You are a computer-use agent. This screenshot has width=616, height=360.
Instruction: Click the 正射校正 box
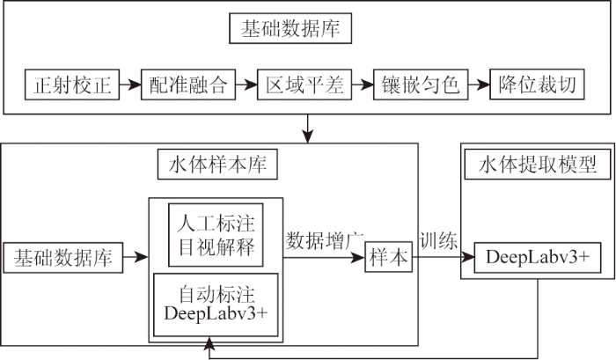coord(72,84)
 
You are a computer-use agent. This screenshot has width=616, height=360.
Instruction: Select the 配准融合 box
coord(188,84)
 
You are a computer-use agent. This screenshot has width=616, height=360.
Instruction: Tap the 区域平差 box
coord(304,84)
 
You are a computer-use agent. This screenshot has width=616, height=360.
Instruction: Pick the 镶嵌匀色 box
coord(421,84)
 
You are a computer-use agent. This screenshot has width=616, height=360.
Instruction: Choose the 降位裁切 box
coord(537,84)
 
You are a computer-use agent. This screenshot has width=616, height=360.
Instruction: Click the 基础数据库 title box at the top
coord(290,28)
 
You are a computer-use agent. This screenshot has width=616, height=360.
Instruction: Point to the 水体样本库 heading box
coord(217,165)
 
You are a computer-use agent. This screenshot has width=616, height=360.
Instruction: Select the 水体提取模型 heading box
coord(538,165)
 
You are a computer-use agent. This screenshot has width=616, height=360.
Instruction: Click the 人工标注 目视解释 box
coord(216,235)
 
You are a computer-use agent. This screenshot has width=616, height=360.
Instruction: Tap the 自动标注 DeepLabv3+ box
coord(216,305)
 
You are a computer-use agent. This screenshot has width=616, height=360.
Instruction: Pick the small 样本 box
coord(389,257)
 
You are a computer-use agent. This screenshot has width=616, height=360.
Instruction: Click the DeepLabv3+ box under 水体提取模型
coord(538,257)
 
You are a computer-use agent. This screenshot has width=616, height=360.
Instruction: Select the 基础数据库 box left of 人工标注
coord(63,258)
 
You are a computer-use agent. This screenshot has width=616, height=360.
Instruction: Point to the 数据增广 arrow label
coord(325,240)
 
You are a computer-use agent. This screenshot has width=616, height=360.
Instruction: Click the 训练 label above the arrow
coord(438,240)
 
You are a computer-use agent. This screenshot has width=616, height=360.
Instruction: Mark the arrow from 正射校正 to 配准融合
coord(130,84)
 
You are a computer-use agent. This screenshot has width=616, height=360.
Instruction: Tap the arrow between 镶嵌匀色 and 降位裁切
coord(479,84)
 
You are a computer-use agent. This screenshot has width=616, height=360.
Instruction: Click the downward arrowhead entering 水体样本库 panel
coord(308,136)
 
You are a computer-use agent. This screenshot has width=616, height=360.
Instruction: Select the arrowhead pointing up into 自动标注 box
coord(210,343)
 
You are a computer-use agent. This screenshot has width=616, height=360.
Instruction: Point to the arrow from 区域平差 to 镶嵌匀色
coord(363,84)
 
